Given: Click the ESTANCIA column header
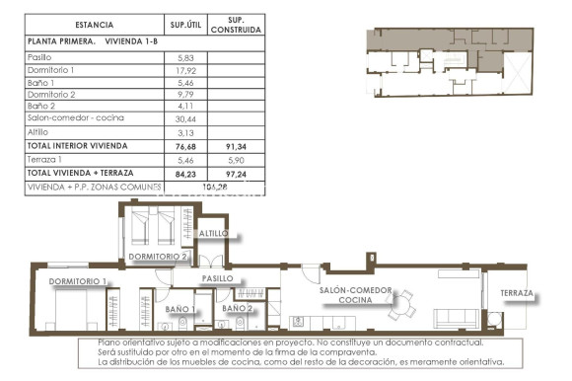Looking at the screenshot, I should click(93, 25).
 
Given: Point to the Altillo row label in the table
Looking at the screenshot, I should click(39, 130).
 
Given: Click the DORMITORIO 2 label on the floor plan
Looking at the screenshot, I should click(158, 257).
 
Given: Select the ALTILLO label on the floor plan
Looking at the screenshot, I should click(213, 234).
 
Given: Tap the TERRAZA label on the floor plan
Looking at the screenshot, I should click(517, 294).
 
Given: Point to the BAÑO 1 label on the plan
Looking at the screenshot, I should click(179, 309).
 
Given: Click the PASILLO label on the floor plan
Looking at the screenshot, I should click(217, 279).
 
